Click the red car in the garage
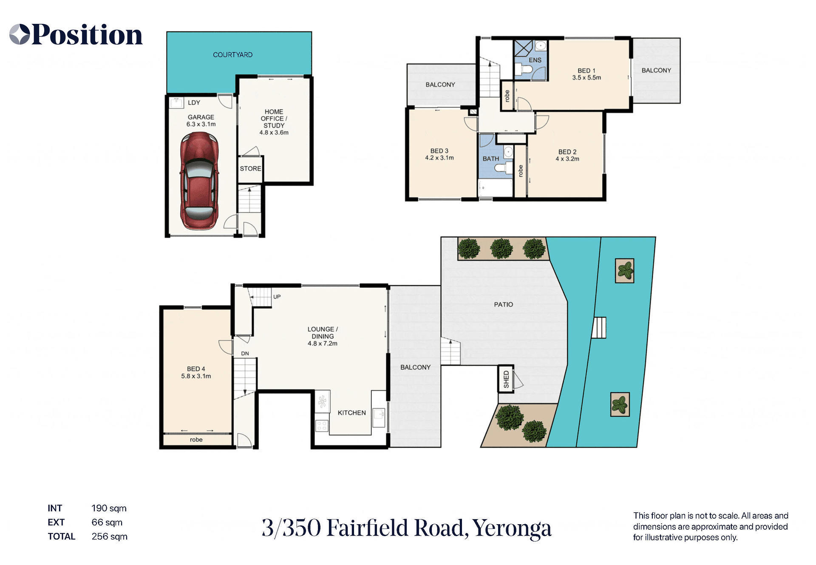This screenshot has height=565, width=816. click(199, 181)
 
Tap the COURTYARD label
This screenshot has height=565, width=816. click(232, 55)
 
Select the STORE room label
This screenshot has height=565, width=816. click(250, 169)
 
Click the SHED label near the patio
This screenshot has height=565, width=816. click(506, 379)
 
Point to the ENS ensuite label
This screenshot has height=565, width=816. click(535, 60)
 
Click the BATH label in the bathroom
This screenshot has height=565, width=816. click(491, 159)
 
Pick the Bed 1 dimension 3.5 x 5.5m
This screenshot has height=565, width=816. click(586, 78)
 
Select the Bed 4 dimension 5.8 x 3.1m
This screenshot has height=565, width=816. click(196, 376)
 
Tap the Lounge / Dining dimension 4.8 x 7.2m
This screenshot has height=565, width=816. click(323, 344)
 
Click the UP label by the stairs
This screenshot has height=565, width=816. click(277, 297)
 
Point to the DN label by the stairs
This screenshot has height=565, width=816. click(245, 354)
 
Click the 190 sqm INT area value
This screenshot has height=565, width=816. click(109, 508)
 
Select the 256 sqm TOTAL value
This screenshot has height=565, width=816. click(109, 537)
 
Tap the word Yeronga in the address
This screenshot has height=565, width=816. click(512, 528)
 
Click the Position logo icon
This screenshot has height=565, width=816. click(20, 34)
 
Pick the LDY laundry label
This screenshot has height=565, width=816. click(194, 103)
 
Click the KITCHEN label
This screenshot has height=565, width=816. click(351, 413)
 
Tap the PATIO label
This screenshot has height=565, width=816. click(503, 305)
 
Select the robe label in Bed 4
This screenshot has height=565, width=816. click(196, 440)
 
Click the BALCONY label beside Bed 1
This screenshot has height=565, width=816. click(656, 71)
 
